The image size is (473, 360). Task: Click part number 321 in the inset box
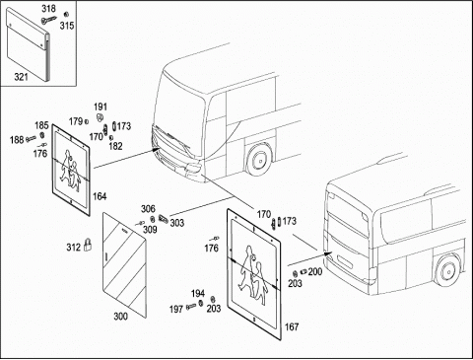coord(21,77)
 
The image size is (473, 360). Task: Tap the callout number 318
coord(48,9)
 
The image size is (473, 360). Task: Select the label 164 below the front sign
coord(100,196)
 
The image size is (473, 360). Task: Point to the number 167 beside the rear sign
coord(292,326)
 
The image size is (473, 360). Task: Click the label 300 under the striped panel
coord(120,317)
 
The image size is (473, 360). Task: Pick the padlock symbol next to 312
coord(88,245)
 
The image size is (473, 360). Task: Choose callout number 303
coord(176,223)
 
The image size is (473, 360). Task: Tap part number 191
coord(101,107)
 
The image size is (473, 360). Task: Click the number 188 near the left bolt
coord(17,140)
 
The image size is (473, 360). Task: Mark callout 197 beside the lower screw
coord(176,310)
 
